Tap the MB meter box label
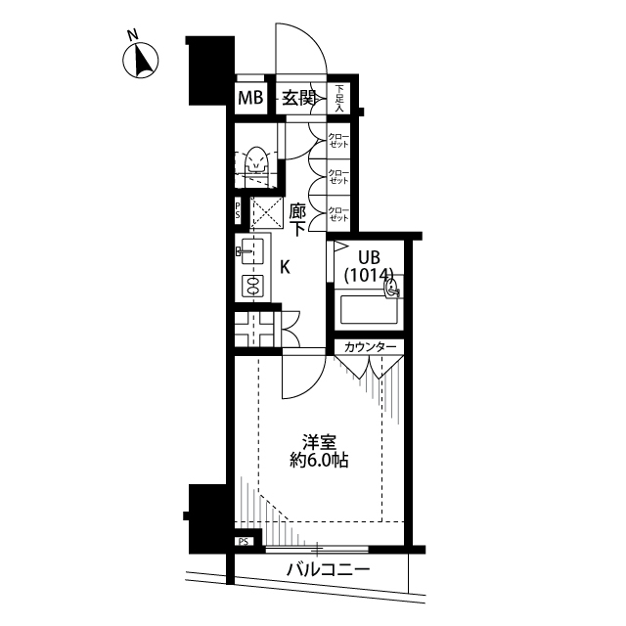point(250,98)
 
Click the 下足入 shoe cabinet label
point(339,98)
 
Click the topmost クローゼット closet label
point(338,140)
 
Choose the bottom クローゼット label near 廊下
point(338,214)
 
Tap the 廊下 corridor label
point(297,219)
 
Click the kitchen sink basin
point(252,251)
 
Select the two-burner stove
point(252,286)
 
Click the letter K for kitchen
point(285,267)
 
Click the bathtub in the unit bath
point(369,310)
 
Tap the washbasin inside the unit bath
point(392,288)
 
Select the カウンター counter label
point(370,347)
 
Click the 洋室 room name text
point(319,443)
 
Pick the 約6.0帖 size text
point(319,461)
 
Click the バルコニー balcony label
point(329,570)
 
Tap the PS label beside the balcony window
point(244,542)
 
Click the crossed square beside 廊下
point(266,212)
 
